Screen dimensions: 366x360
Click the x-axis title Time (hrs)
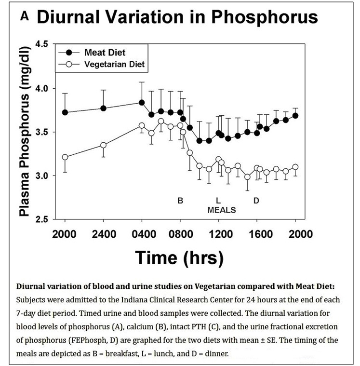pos(179,257)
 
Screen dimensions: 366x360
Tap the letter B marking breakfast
pos(180,201)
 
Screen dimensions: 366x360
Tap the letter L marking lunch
pos(218,201)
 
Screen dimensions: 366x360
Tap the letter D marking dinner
pos(256,201)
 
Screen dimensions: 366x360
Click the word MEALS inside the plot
pos(221,210)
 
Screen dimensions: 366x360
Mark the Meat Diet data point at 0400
pos(142,102)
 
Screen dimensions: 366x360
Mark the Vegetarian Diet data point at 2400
pos(103,145)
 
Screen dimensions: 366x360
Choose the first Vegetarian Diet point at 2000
pos(65,157)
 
